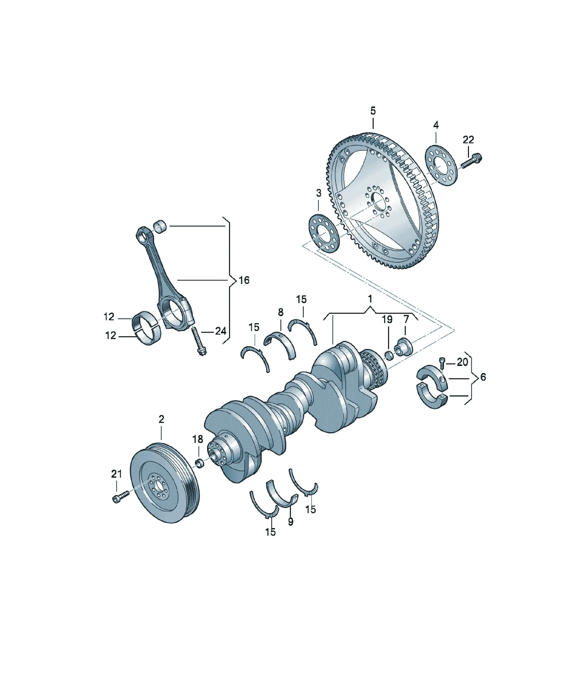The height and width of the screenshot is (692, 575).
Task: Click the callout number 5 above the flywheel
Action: (373, 111)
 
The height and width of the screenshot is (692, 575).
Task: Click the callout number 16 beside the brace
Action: (244, 280)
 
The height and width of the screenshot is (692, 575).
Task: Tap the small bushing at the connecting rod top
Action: (161, 227)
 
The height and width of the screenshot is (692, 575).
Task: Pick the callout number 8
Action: (280, 312)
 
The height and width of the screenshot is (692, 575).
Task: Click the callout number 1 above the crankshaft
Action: (370, 299)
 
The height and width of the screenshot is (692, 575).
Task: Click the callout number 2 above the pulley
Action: (161, 419)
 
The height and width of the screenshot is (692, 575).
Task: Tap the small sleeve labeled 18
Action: (200, 463)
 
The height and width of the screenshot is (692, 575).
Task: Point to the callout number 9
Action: (290, 522)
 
